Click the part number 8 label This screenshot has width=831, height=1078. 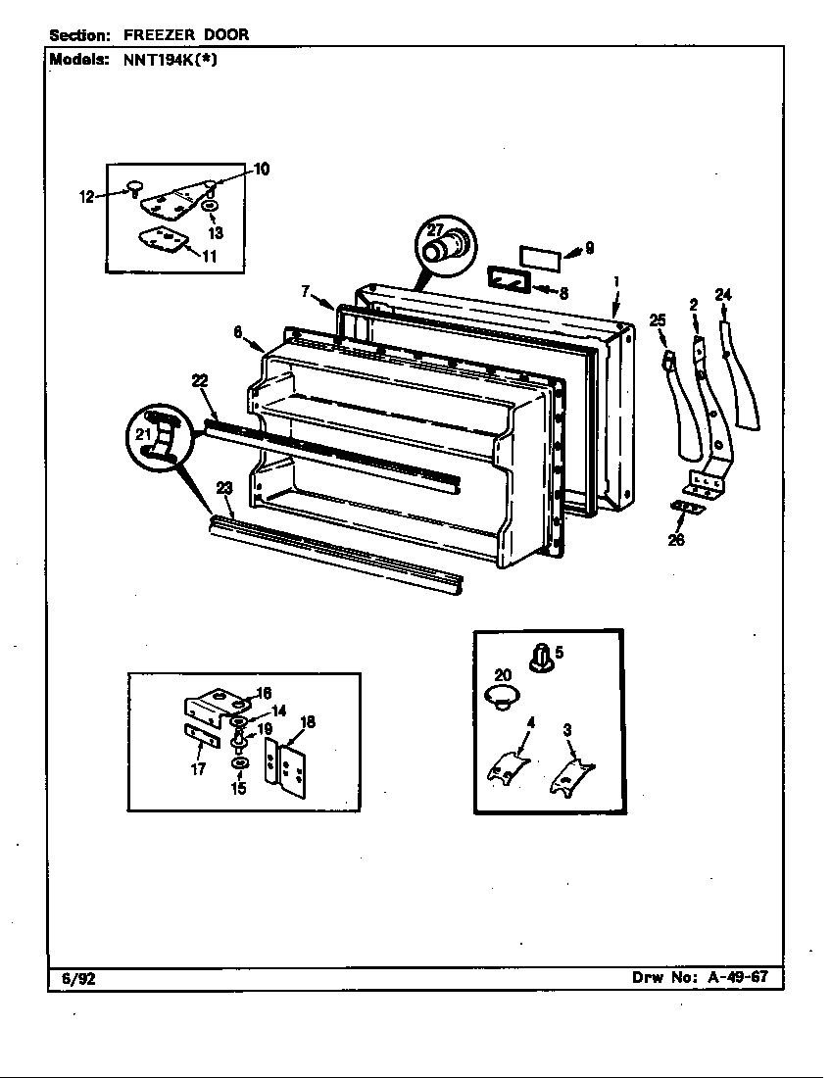tap(563, 292)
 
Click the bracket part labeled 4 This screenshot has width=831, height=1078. tap(509, 764)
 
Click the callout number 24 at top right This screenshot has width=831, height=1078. tap(723, 294)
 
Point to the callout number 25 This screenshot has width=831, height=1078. tap(657, 320)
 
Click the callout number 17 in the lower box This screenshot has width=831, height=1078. tap(199, 768)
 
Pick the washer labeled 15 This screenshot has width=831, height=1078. tap(239, 763)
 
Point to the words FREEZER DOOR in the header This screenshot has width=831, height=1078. tap(185, 34)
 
